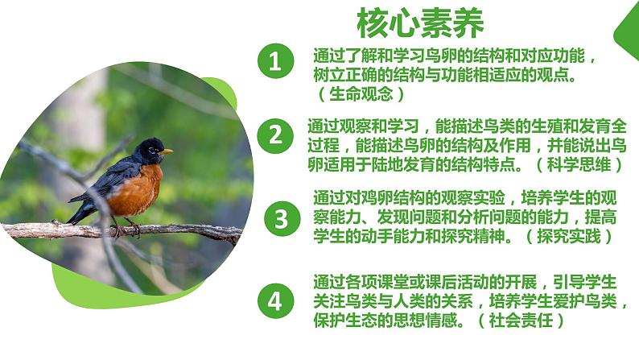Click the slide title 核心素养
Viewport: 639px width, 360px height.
coord(420,23)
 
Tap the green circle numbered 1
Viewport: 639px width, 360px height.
coord(276,63)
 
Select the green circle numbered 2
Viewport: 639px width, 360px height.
coord(276,135)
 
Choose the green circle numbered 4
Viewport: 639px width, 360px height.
coord(276,302)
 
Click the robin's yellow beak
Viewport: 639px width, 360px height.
coord(167,151)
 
